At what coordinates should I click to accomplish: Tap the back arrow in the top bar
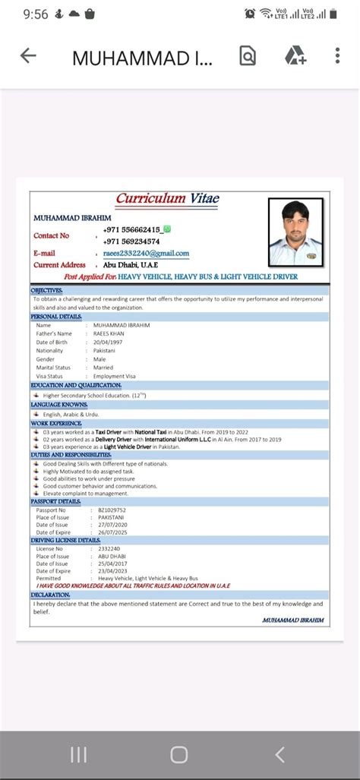pyautogui.click(x=28, y=55)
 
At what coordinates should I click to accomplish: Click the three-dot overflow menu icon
pyautogui.click(x=338, y=55)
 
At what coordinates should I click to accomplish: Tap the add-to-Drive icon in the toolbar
pyautogui.click(x=295, y=55)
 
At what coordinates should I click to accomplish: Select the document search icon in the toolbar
pyautogui.click(x=248, y=55)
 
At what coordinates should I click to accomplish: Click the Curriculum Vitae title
pyautogui.click(x=168, y=199)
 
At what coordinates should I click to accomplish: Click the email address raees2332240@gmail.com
pyautogui.click(x=147, y=253)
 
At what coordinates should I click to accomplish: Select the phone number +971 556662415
pyautogui.click(x=131, y=229)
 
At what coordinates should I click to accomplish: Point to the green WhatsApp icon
pyautogui.click(x=166, y=229)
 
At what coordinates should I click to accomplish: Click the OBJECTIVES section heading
pyautogui.click(x=47, y=291)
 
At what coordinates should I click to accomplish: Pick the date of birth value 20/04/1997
pyautogui.click(x=108, y=342)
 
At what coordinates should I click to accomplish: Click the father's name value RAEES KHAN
pyautogui.click(x=109, y=333)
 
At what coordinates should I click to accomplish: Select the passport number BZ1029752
pyautogui.click(x=112, y=510)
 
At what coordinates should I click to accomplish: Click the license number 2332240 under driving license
pyautogui.click(x=109, y=548)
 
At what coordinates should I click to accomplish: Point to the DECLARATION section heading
pyautogui.click(x=51, y=595)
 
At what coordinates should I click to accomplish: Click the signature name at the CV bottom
pyautogui.click(x=292, y=620)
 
